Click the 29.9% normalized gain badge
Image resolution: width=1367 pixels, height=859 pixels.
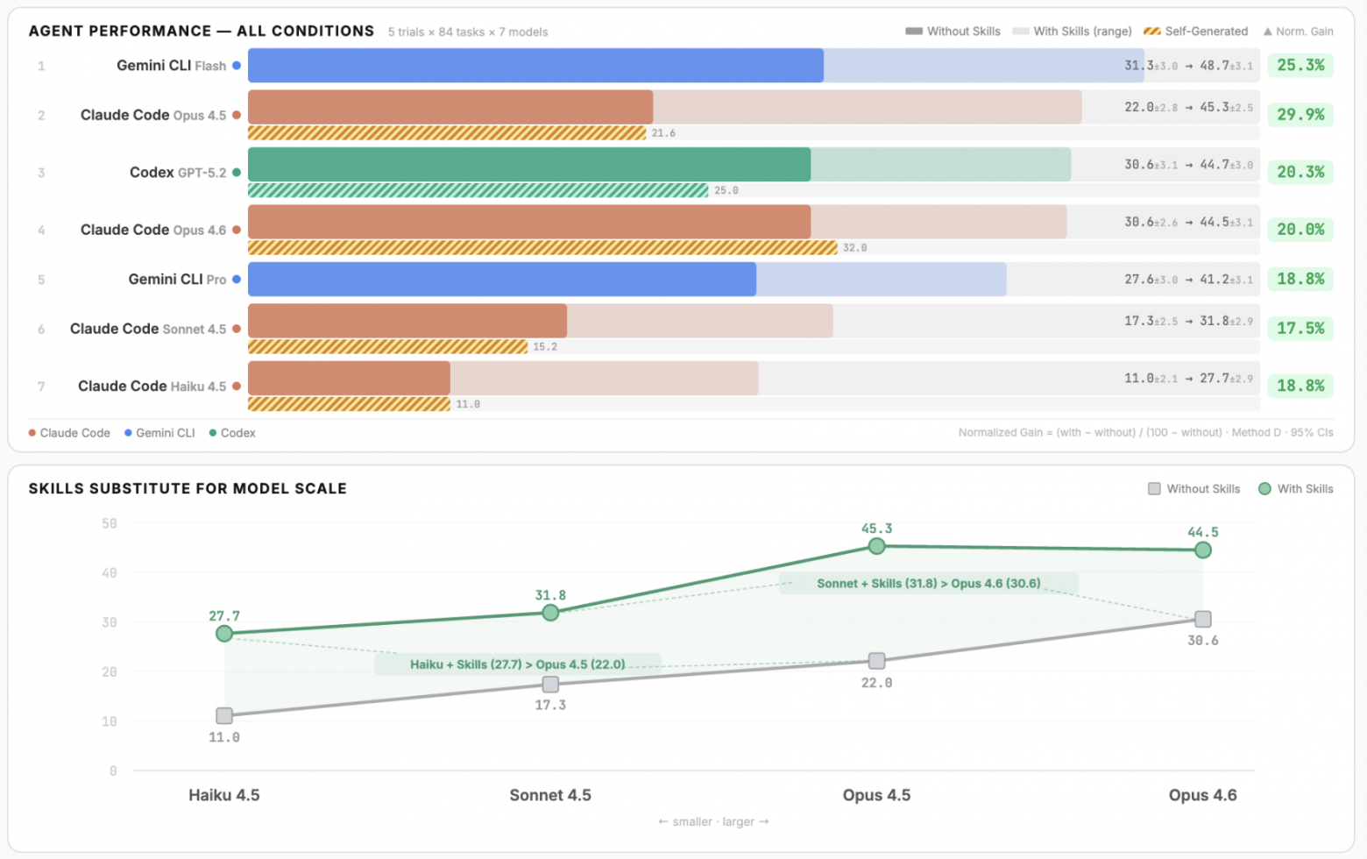point(1300,115)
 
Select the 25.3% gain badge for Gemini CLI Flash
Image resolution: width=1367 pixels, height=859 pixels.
point(1300,66)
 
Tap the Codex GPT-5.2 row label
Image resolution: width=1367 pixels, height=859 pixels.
point(178,173)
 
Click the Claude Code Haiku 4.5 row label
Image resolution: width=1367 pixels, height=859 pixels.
point(152,387)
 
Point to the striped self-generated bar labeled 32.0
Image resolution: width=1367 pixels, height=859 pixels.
point(542,248)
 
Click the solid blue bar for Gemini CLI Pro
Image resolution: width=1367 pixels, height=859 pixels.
point(501,280)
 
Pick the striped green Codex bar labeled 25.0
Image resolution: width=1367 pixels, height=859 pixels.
point(478,190)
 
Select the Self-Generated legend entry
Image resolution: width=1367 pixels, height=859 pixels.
point(1196,32)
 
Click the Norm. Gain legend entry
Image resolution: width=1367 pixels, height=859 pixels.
point(1298,32)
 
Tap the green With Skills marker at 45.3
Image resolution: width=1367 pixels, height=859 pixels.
point(876,546)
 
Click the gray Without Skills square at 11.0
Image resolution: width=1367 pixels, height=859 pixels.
point(224,716)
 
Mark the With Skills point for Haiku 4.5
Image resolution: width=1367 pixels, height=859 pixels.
point(224,634)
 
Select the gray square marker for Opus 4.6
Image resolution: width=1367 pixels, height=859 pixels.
point(1203,620)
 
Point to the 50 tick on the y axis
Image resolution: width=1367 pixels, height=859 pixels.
point(110,523)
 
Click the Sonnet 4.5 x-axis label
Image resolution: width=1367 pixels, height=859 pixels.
point(550,795)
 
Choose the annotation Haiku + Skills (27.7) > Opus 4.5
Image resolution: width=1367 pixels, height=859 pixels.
point(518,664)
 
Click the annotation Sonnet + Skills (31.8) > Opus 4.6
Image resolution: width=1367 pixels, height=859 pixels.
point(928,584)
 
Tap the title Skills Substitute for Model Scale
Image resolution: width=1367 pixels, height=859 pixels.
point(188,489)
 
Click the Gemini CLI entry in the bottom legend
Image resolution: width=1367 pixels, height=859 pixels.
point(159,433)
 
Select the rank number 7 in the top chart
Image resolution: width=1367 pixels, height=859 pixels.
point(41,387)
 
